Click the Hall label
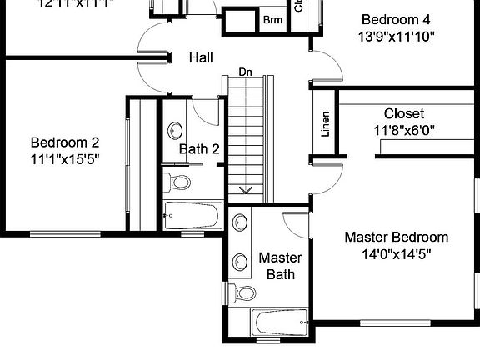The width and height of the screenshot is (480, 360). [200, 58]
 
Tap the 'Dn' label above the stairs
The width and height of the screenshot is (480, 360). [245, 72]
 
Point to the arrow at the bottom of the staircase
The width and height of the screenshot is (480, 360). [247, 190]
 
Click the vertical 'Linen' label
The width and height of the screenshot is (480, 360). [325, 125]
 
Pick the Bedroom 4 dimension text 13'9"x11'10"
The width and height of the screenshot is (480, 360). [397, 37]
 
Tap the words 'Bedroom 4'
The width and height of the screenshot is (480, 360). [397, 19]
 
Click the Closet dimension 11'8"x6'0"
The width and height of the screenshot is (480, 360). [404, 130]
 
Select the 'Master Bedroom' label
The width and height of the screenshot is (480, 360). [396, 237]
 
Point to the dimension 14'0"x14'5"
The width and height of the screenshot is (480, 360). [396, 254]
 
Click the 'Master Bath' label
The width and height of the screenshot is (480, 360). [280, 266]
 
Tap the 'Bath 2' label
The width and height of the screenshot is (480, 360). [200, 149]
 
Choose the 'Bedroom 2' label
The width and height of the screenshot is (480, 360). [65, 142]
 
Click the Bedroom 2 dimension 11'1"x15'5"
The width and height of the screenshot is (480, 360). [65, 158]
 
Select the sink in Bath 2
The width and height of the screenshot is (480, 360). [176, 132]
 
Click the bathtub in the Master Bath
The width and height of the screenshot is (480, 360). [281, 322]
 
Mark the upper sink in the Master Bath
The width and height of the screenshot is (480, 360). [240, 222]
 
